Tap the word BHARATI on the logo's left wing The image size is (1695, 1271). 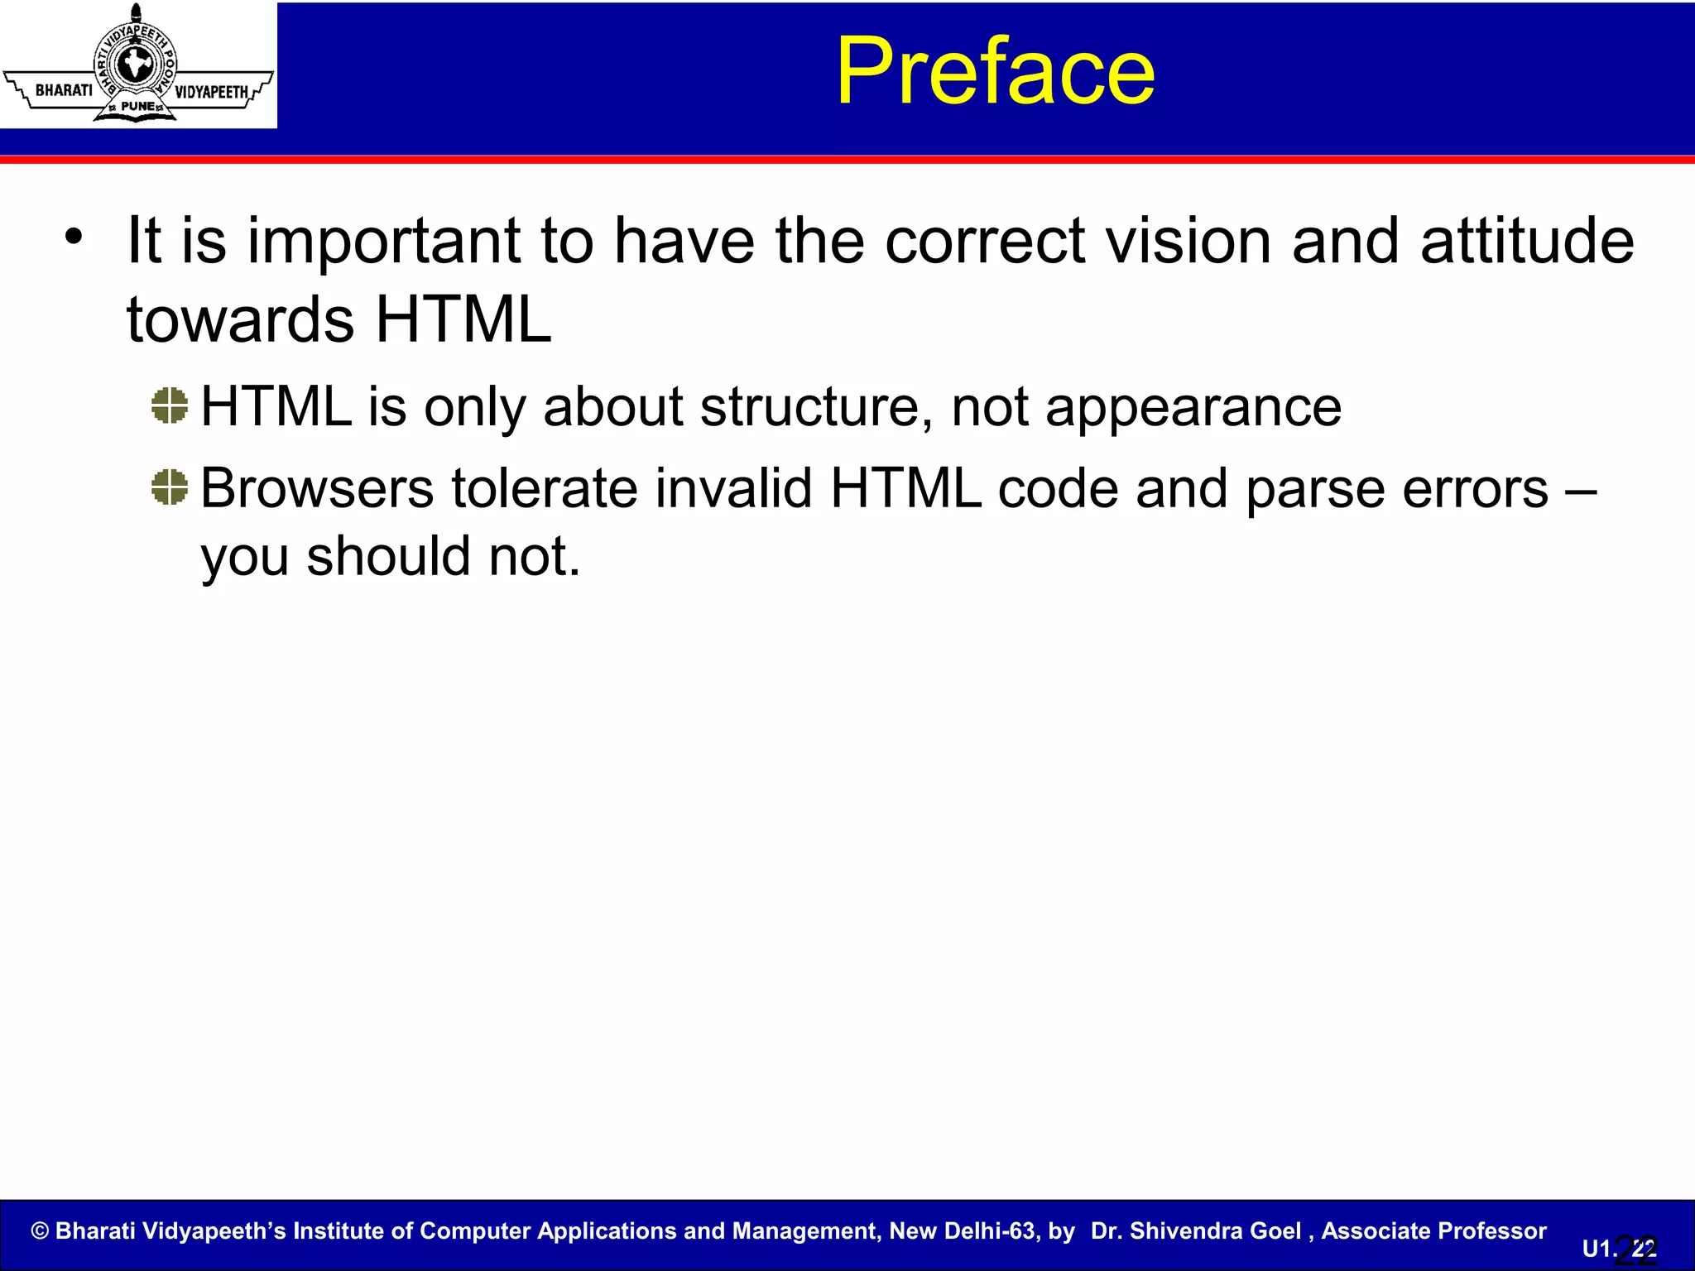pyautogui.click(x=64, y=89)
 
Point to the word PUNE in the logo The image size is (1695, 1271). pyautogui.click(x=137, y=106)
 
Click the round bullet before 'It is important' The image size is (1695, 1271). pyautogui.click(x=74, y=237)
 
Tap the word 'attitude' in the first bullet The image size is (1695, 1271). pyautogui.click(x=1527, y=242)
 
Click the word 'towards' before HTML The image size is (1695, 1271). pyautogui.click(x=240, y=321)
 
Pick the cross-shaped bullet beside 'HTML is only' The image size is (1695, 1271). pyautogui.click(x=170, y=405)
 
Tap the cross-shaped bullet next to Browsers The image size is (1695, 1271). pyautogui.click(x=170, y=487)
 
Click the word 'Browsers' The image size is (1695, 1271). pyautogui.click(x=316, y=488)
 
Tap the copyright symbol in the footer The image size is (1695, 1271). pyautogui.click(x=40, y=1231)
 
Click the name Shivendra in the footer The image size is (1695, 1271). pyautogui.click(x=1216, y=1231)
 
